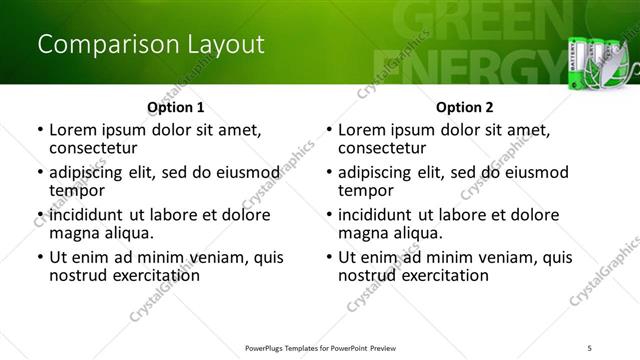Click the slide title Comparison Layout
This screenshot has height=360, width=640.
coord(151,45)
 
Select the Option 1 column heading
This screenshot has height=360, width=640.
coord(175,107)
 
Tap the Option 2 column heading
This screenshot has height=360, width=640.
coord(464,107)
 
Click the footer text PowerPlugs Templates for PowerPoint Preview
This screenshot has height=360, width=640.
coord(320,347)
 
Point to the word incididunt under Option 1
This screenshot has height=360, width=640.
coord(87,215)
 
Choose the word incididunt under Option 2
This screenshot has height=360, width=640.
coord(376,215)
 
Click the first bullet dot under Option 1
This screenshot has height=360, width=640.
coord(40,130)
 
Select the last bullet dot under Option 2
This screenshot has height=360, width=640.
coord(329,257)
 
